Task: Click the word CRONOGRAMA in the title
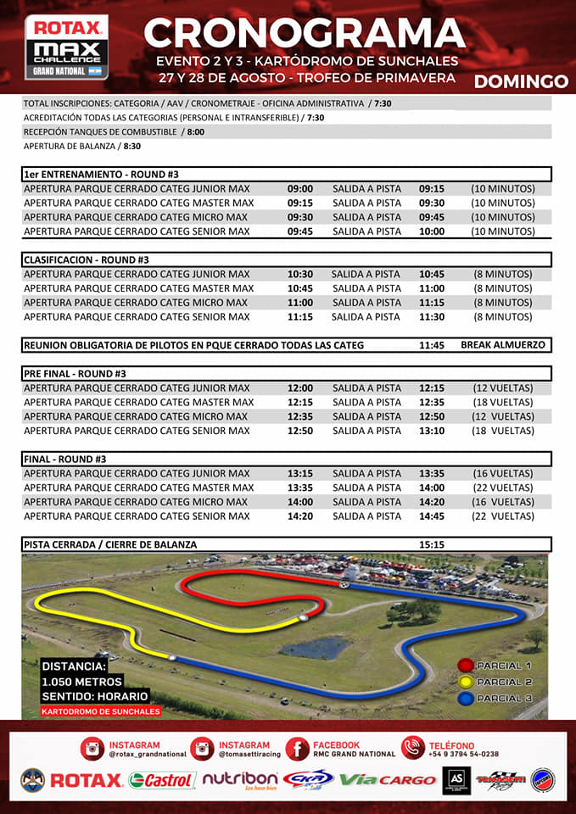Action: (305, 33)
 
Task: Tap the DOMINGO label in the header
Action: (521, 81)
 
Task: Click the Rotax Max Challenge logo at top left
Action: (67, 47)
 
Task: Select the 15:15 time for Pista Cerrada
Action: (432, 544)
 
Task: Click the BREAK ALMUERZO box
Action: (504, 345)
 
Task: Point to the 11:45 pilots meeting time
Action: (432, 345)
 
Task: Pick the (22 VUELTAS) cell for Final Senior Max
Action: (503, 516)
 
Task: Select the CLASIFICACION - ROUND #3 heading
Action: (87, 259)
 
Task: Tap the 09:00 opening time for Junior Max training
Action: (300, 189)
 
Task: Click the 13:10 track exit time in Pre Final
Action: (432, 431)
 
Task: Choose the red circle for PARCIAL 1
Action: (466, 666)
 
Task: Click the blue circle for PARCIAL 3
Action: (466, 699)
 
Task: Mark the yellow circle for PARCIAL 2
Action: (466, 682)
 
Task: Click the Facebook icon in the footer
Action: (297, 749)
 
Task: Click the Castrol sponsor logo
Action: (163, 780)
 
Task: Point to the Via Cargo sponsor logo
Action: (388, 780)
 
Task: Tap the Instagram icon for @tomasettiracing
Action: (202, 749)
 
